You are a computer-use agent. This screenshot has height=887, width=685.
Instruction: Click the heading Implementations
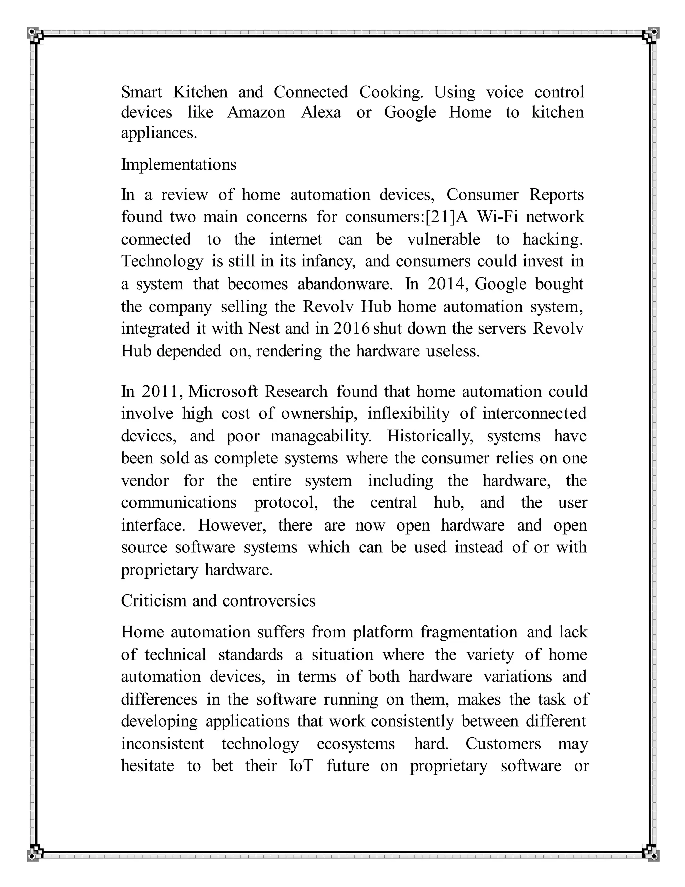179,164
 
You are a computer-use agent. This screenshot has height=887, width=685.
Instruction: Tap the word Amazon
256,112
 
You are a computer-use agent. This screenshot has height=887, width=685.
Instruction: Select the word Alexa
321,112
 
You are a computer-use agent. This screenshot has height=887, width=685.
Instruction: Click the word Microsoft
223,392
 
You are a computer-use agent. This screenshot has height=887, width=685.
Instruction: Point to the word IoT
301,765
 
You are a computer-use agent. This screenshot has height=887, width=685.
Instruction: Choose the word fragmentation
469,632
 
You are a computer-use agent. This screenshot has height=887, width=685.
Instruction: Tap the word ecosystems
356,744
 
